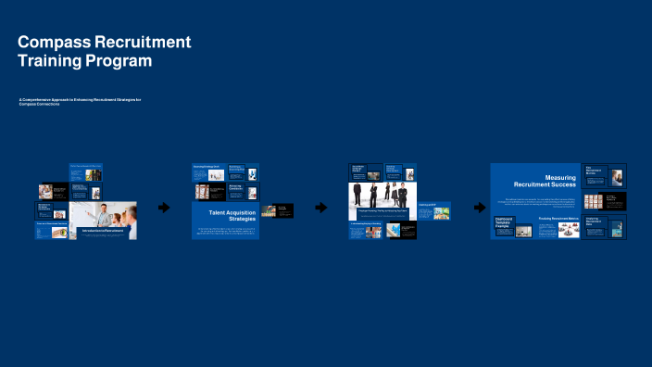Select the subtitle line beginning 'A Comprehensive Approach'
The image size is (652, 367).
[80, 101]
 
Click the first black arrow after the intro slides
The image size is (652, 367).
[164, 208]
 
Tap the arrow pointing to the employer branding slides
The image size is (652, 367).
[321, 208]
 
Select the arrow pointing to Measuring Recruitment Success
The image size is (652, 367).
[478, 208]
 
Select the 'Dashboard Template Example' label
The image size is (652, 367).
[504, 224]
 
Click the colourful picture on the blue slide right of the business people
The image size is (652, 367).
[442, 212]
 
